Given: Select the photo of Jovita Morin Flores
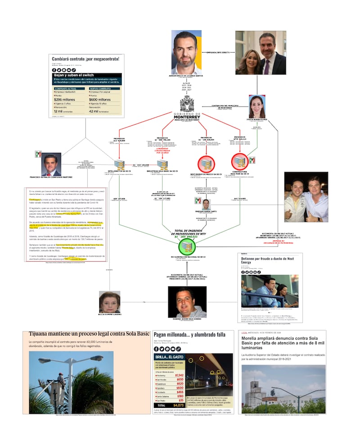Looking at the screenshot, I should (257, 107).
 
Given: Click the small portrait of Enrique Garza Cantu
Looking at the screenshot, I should (206, 204).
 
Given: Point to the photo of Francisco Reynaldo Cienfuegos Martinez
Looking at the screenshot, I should (51, 165).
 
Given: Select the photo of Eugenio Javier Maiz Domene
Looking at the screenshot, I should (186, 302).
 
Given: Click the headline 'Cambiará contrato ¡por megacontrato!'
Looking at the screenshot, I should (85, 59).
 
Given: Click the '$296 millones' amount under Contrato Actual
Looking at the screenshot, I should (65, 100).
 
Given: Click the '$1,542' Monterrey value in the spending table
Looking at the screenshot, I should (179, 375).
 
